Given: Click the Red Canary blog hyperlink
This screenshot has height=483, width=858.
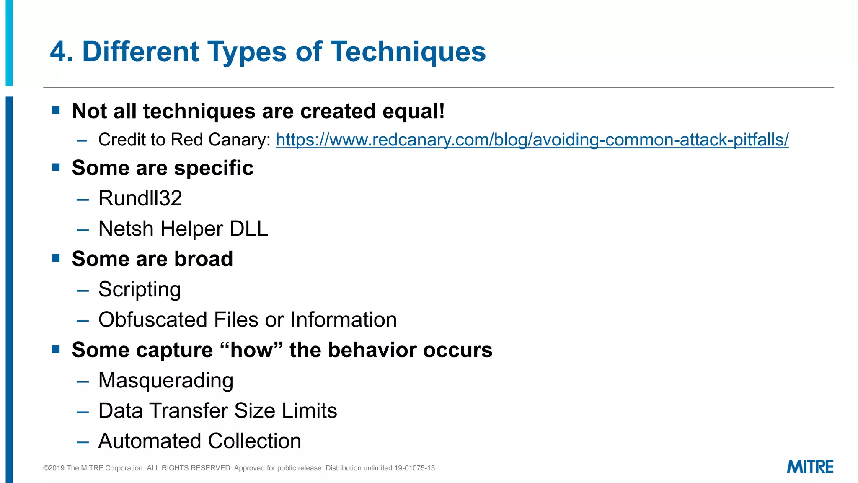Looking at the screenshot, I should tap(532, 140).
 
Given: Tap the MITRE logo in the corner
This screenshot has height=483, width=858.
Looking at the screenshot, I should tap(810, 467).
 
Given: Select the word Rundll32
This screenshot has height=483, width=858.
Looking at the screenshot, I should tap(140, 198).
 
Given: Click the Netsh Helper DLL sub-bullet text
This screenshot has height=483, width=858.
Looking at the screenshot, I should tap(183, 229).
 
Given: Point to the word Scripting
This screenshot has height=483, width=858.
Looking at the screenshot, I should tap(140, 289).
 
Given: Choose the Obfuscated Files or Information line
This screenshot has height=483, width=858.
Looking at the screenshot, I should tap(247, 320).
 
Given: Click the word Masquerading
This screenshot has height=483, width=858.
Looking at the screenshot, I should tap(165, 380).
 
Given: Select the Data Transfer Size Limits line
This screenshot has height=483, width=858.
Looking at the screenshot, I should tap(217, 411).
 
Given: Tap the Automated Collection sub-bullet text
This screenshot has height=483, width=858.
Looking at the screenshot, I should tap(199, 441).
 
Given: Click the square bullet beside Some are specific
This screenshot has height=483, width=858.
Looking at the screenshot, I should tap(56, 167).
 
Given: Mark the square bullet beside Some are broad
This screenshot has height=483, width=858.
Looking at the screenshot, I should tap(56, 258).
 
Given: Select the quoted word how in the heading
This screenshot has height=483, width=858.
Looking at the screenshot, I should tap(251, 350).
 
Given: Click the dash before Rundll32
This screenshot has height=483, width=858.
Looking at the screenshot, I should tap(83, 200).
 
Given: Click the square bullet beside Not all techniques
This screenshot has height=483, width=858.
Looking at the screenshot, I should tap(56, 110).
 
